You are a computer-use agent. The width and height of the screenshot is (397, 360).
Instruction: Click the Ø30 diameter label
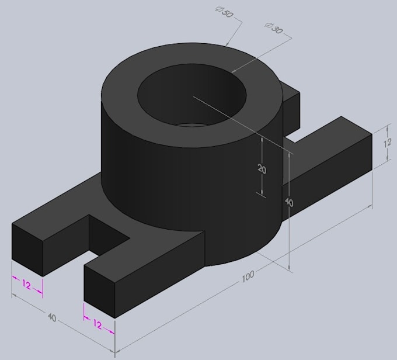click(x=274, y=29)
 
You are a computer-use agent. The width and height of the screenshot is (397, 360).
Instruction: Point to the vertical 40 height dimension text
click(x=288, y=202)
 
